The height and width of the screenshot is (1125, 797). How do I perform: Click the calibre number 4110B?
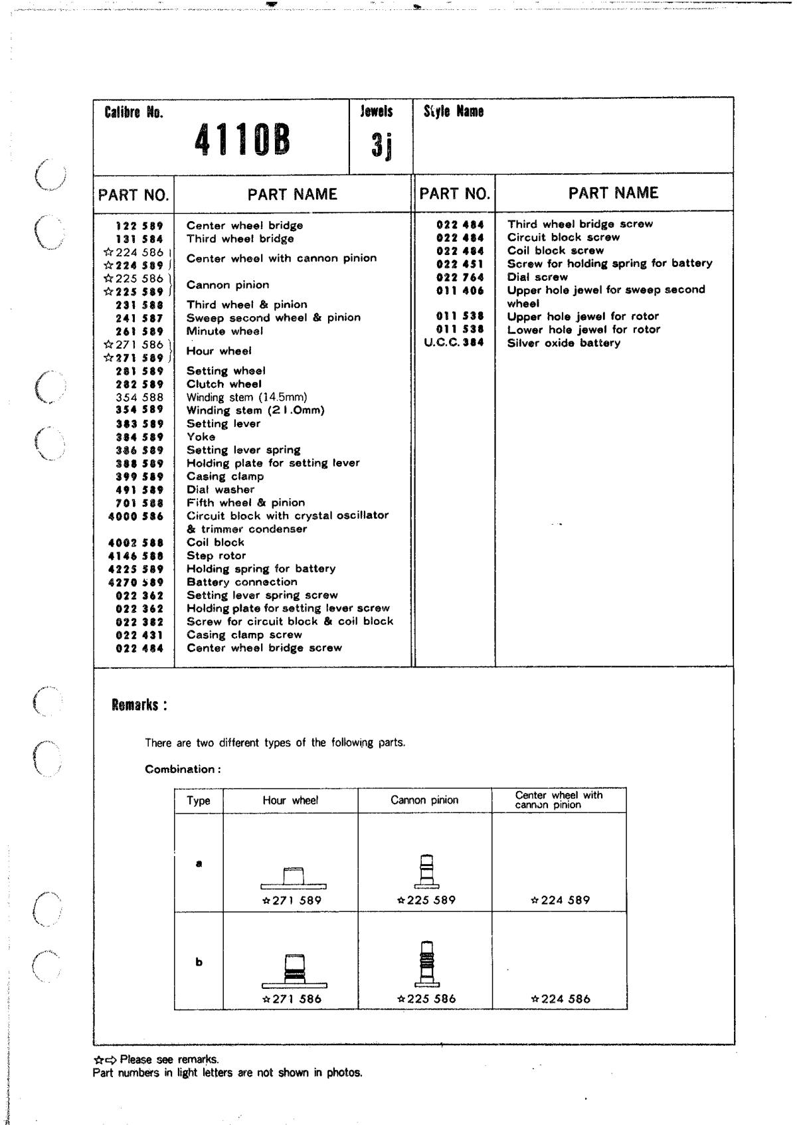(x=242, y=141)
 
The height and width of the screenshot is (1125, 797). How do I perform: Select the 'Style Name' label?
(x=453, y=112)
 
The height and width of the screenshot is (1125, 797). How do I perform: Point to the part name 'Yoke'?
(x=201, y=437)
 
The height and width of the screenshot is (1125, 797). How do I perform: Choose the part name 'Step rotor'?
(x=216, y=556)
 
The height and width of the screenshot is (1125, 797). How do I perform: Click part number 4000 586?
(x=135, y=516)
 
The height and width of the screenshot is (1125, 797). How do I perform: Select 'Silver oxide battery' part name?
(x=564, y=343)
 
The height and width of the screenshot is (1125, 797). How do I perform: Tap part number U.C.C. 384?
(x=454, y=343)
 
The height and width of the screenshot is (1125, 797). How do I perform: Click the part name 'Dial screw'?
(x=537, y=277)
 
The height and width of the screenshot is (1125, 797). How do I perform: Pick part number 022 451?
(x=460, y=264)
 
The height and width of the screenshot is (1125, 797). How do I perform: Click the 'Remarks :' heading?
(x=139, y=705)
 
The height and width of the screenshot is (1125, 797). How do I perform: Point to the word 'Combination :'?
(x=183, y=770)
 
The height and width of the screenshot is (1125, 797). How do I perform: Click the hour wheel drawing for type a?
(x=294, y=878)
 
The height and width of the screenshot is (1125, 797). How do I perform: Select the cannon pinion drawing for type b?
(x=427, y=964)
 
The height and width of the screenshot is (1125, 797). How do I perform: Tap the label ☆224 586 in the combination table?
(x=561, y=999)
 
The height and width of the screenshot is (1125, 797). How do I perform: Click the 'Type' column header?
(x=199, y=801)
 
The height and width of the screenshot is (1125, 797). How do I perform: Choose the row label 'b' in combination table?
(x=199, y=962)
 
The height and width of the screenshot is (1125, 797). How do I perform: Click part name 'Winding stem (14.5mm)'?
(x=246, y=397)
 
